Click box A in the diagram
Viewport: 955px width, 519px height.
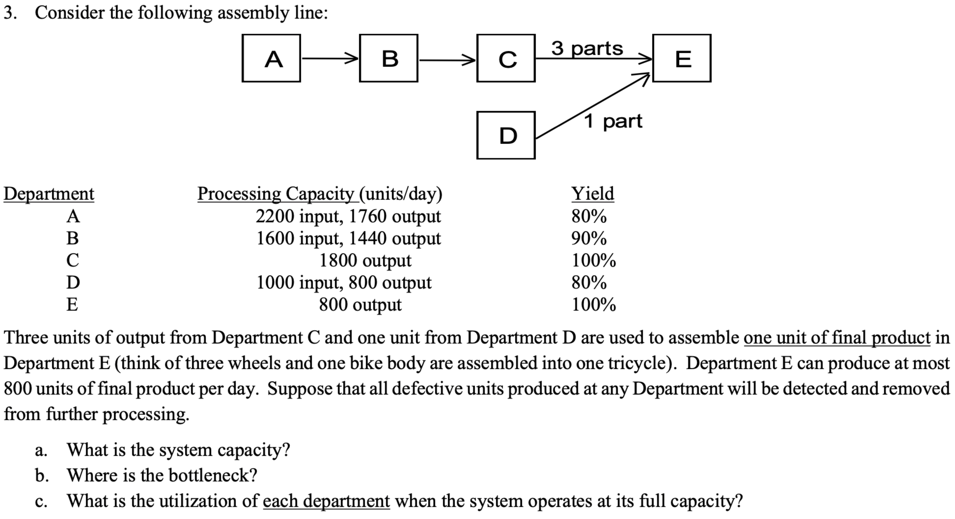[x=271, y=58]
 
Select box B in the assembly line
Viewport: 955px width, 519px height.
[x=388, y=58]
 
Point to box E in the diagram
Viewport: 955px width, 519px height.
[x=681, y=58]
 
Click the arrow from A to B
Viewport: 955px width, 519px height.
[x=329, y=59]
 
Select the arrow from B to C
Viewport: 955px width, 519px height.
[x=446, y=60]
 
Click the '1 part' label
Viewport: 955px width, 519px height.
[x=613, y=121]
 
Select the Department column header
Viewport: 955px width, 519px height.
[x=49, y=194]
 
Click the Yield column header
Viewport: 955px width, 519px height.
[x=593, y=194]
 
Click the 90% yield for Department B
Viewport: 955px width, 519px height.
[x=589, y=238]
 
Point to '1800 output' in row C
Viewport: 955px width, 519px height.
[x=365, y=260]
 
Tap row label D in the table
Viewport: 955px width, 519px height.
[x=73, y=283]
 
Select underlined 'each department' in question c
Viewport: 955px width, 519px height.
[x=326, y=501]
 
